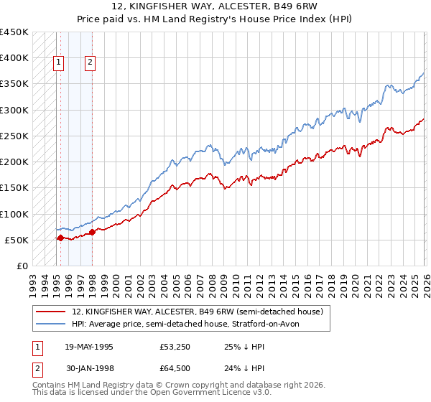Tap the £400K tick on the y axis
(x=14, y=58)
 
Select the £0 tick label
(x=22, y=266)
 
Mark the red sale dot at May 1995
(x=60, y=238)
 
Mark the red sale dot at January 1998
(x=93, y=232)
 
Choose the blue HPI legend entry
(x=190, y=324)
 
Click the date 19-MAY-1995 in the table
(x=88, y=347)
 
